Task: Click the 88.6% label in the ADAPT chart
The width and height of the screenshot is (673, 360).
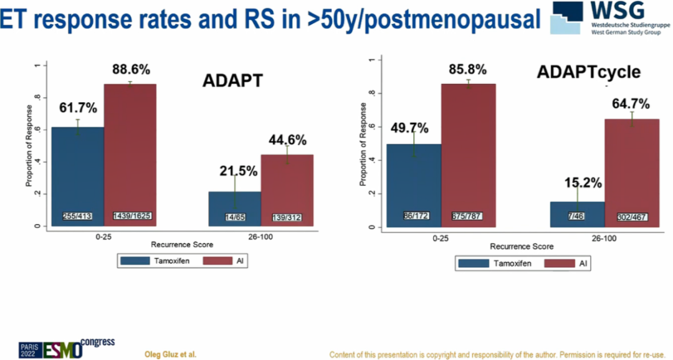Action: [x=131, y=70]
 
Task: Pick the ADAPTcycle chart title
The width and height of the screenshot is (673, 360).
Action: [x=588, y=72]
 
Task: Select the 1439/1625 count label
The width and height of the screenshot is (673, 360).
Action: [x=131, y=216]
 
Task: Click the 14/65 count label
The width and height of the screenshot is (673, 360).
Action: [x=235, y=217]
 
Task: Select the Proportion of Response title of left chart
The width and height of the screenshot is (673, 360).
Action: [x=29, y=146]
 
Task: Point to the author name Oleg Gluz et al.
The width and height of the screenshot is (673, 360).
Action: [x=170, y=354]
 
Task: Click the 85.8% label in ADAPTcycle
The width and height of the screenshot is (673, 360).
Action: [x=468, y=69]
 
